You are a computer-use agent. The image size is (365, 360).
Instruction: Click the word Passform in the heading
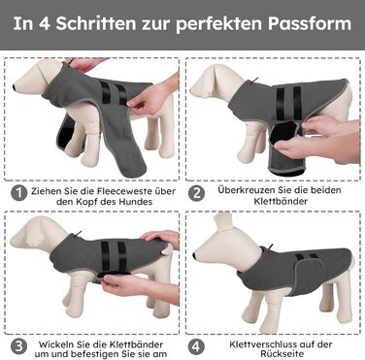[x=310, y=23]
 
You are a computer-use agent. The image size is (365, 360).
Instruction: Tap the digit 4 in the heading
[x=45, y=23]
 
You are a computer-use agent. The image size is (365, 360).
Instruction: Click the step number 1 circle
[x=18, y=193]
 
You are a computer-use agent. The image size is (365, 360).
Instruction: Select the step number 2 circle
[x=197, y=193]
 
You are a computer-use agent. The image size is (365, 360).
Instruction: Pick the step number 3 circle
[x=18, y=346]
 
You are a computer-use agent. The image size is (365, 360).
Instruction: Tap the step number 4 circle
[x=196, y=346]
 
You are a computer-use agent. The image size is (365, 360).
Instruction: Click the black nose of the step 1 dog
[x=15, y=87]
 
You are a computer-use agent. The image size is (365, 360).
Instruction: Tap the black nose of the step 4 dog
[x=194, y=256]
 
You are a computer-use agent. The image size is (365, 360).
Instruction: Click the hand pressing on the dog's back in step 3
[x=161, y=238]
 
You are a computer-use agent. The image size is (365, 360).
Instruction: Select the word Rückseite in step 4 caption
[x=282, y=354]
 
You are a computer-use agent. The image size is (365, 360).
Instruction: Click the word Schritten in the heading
[x=96, y=23]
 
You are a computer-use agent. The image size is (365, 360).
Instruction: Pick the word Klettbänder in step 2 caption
[x=281, y=201]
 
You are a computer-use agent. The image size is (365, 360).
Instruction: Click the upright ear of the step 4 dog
[x=223, y=224]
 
